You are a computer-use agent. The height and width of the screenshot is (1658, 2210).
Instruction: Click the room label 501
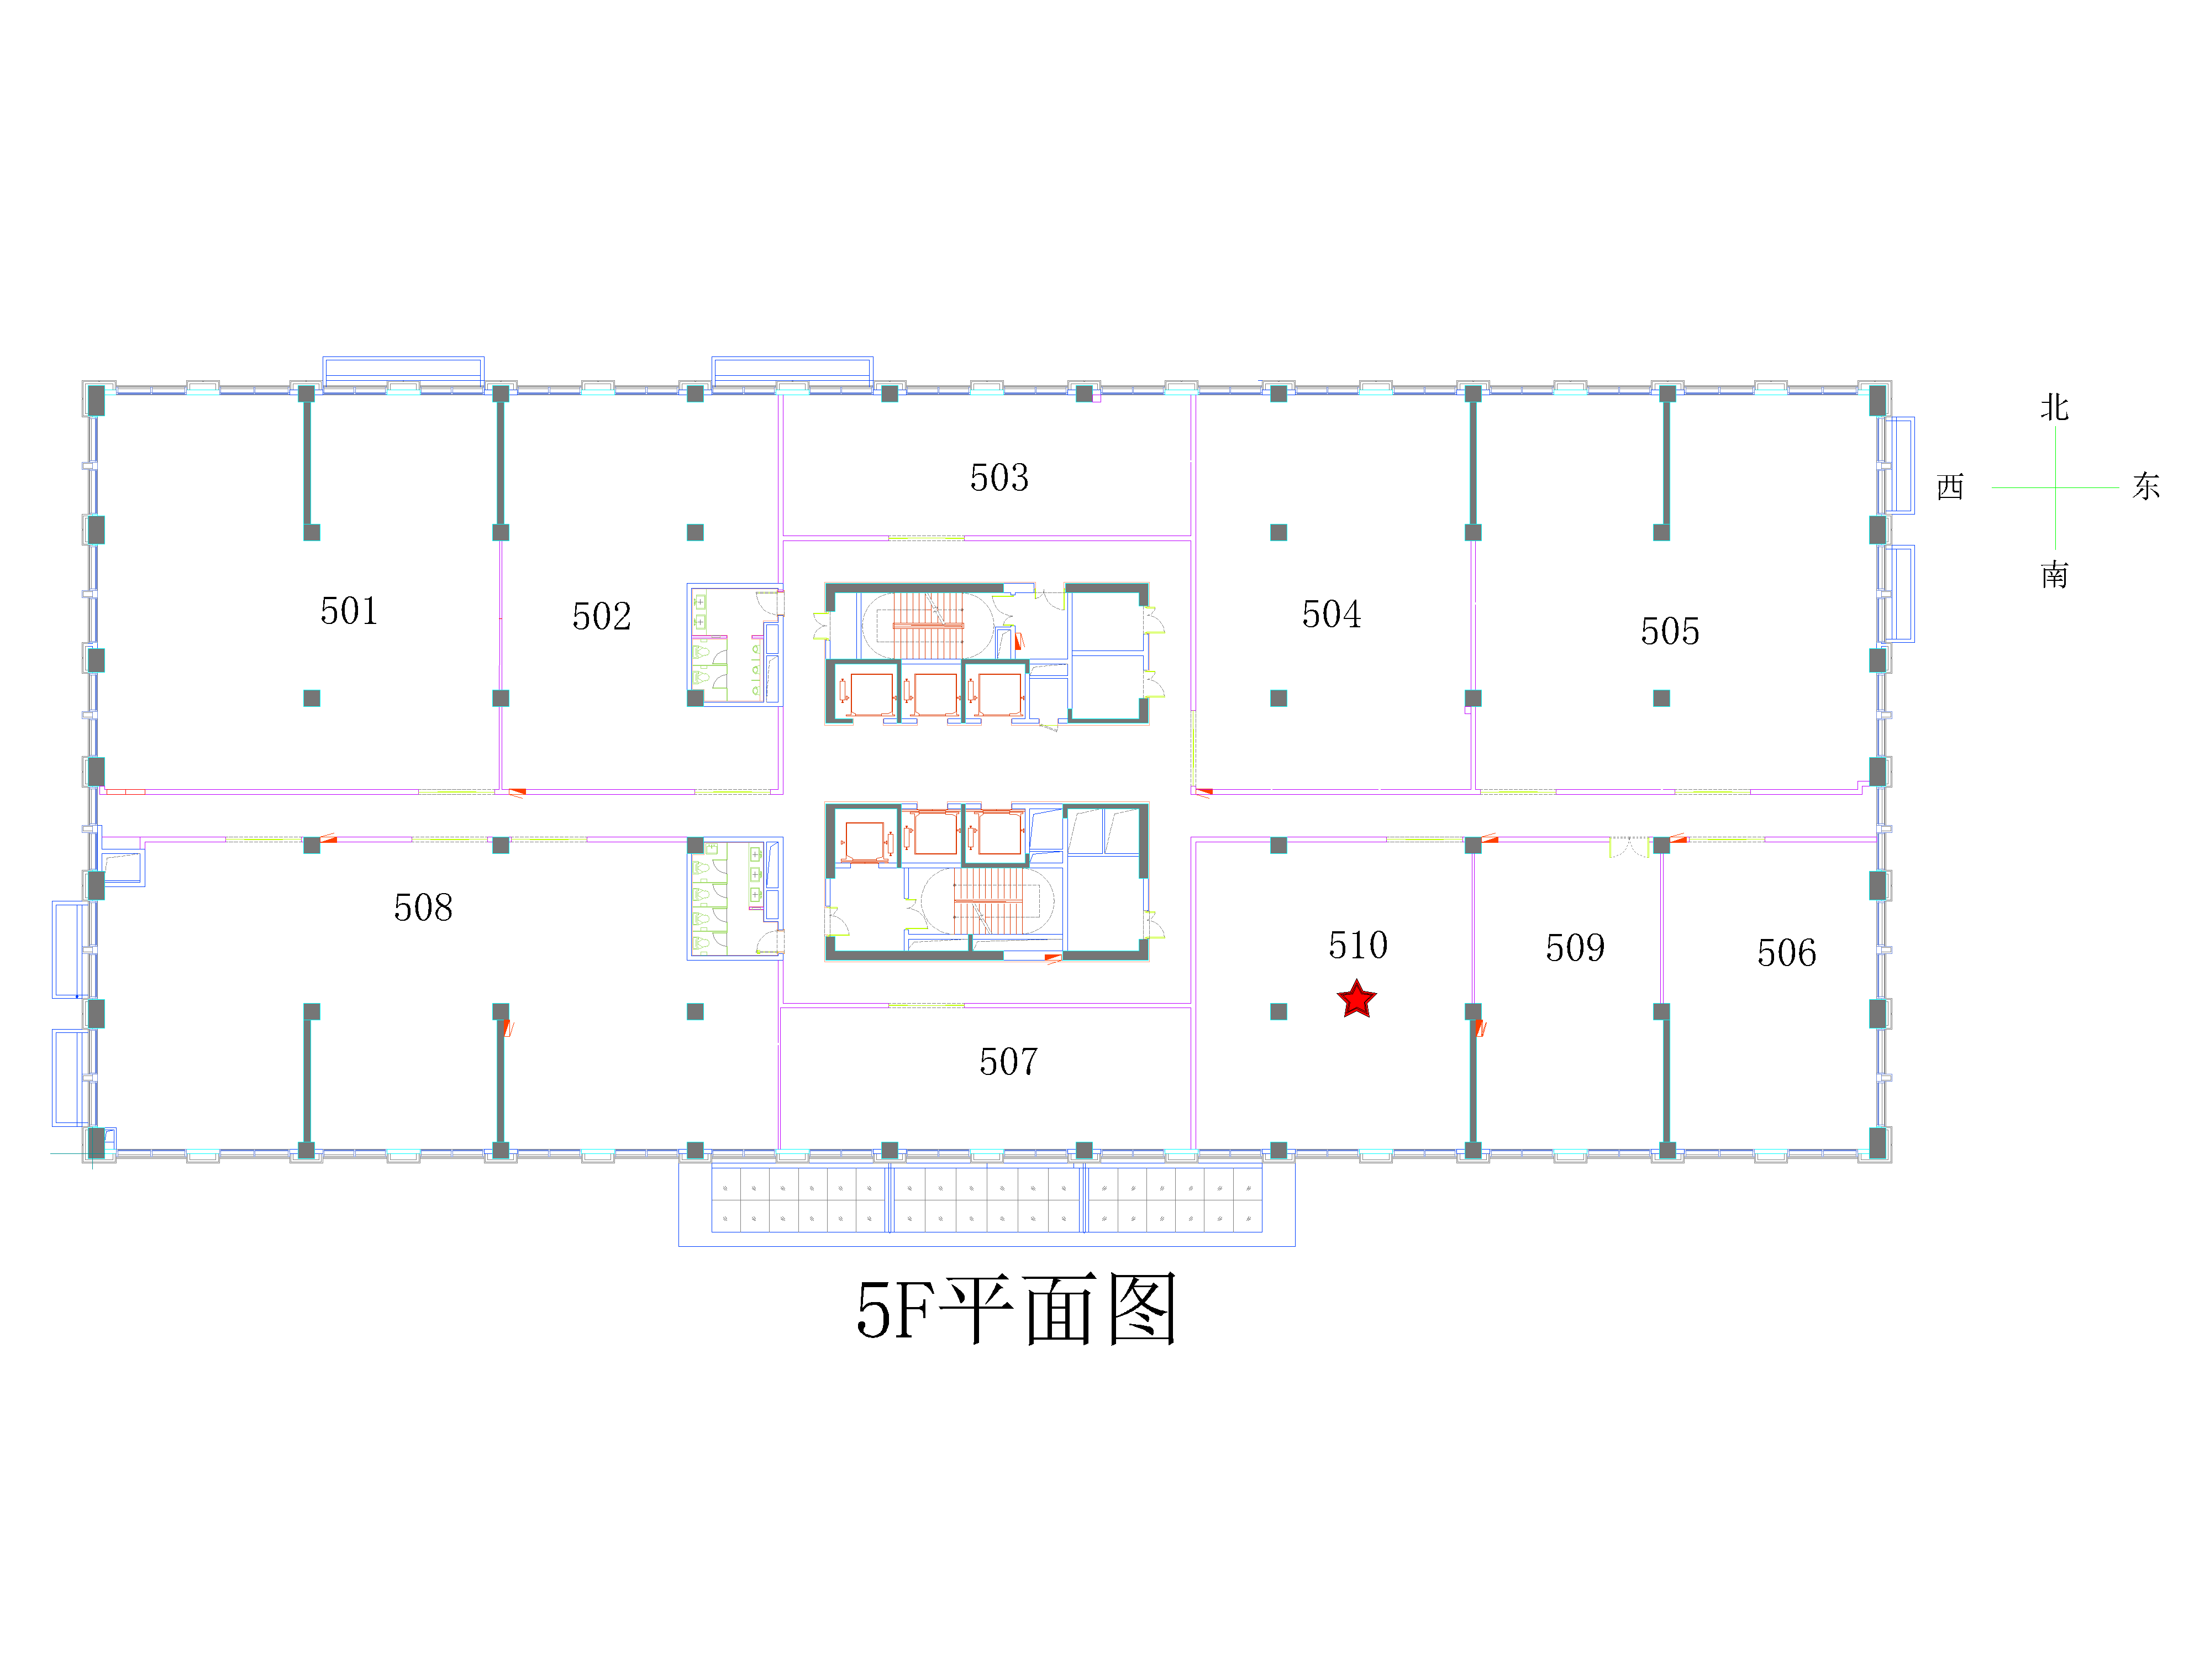349,611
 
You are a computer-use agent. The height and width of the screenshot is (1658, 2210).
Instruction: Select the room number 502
602,616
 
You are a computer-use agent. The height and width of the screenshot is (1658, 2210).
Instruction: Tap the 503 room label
999,478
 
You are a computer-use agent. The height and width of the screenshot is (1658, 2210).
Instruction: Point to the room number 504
1331,613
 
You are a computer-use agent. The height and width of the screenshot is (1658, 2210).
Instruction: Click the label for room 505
1670,631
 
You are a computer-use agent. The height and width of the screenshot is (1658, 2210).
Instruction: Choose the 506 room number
1786,952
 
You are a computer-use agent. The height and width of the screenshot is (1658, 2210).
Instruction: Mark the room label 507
1008,1061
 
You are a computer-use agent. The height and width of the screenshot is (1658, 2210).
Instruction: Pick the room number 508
423,907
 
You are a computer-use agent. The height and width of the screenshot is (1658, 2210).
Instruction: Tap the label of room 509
1575,947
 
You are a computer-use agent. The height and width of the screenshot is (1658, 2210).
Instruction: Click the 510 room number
1358,945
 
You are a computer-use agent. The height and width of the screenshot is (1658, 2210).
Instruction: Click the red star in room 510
1357,999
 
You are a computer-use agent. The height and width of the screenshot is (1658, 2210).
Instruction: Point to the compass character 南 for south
2054,575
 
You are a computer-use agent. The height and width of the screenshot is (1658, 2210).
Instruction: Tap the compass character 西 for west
1950,487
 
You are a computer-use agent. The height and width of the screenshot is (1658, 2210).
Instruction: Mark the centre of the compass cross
2055,487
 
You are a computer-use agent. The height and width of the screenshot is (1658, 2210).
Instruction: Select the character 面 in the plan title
1060,1309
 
